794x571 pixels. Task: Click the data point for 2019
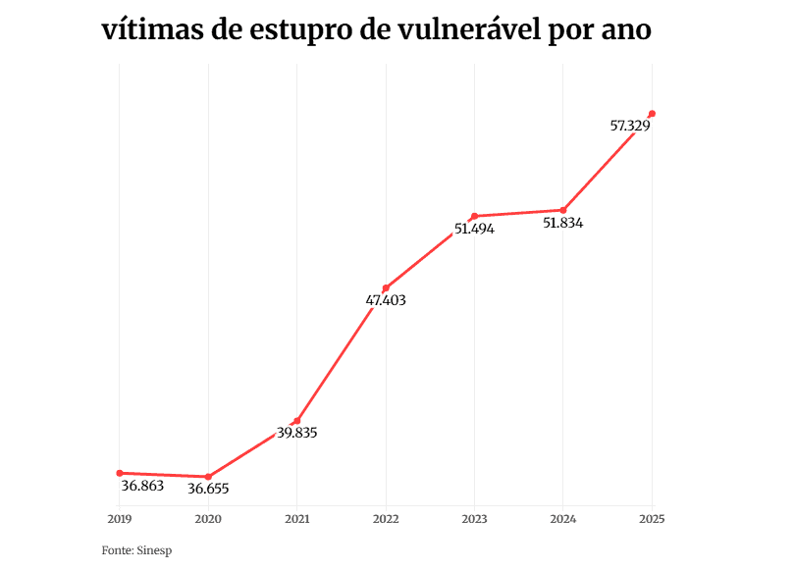120,473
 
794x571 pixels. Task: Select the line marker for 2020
208,477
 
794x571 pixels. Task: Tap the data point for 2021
297,421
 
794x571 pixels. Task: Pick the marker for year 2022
386,288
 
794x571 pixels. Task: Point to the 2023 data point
474,216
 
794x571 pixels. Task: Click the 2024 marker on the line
563,210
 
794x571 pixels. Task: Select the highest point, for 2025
652,114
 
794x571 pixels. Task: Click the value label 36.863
142,486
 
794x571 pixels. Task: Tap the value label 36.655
215,489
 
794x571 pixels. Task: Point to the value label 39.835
296,433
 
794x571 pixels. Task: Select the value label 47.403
386,301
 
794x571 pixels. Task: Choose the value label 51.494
474,229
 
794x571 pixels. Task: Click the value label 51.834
563,223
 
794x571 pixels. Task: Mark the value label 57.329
630,126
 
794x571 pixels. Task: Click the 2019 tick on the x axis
120,518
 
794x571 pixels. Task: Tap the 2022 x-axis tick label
386,518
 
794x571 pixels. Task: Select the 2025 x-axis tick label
652,518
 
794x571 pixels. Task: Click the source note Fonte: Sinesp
130,550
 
